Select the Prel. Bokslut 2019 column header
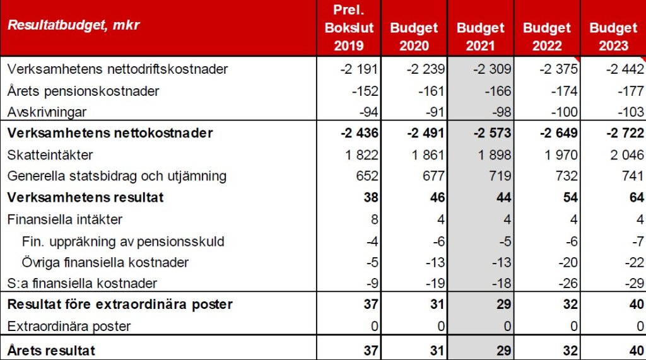click(x=348, y=28)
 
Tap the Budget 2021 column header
click(x=481, y=37)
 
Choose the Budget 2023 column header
click(x=613, y=37)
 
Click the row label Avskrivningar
click(x=46, y=112)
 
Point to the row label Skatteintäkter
click(x=49, y=154)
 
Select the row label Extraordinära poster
click(x=69, y=327)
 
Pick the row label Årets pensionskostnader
click(x=83, y=90)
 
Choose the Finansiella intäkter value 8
click(x=375, y=219)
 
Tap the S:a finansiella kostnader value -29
click(x=633, y=284)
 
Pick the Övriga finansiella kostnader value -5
click(x=372, y=262)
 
